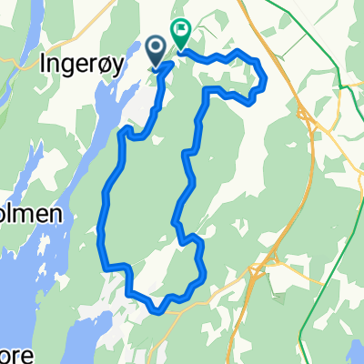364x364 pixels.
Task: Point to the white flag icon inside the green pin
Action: pos(180,32)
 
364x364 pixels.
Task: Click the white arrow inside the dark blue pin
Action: pos(156,48)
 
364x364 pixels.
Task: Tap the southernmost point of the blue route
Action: pos(162,310)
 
